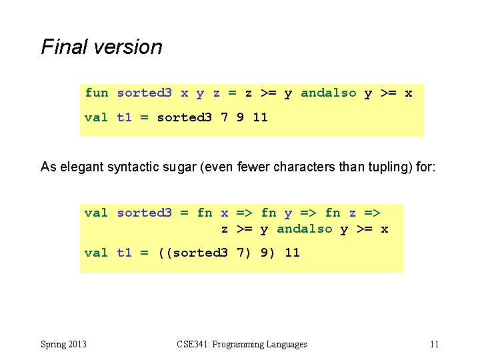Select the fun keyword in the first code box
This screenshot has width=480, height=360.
[96, 93]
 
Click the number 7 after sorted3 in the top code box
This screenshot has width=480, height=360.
[225, 117]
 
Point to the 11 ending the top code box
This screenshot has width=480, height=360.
[260, 117]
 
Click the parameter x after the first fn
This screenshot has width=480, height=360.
[225, 213]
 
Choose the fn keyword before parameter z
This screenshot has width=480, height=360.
[332, 213]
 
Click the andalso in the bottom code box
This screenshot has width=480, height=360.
[304, 229]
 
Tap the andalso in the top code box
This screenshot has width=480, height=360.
[328, 93]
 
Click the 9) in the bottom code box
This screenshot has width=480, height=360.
[265, 253]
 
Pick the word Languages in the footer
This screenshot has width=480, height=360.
[286, 345]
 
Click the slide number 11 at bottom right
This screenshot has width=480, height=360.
[434, 345]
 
